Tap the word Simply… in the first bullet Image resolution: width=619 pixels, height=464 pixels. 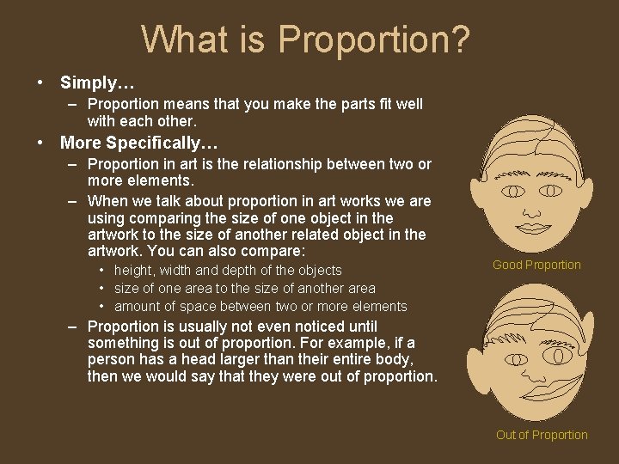click(97, 83)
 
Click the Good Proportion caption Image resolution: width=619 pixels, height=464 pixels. click(536, 265)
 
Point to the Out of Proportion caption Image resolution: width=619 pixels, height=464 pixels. click(542, 435)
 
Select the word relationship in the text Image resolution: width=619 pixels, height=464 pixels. click(280, 164)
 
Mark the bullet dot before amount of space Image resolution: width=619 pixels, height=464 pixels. click(102, 307)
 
